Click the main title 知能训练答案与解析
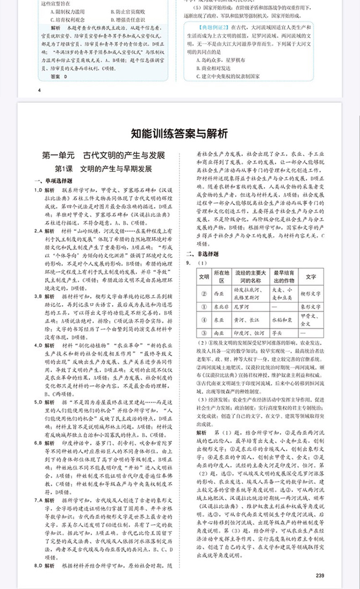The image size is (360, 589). pyautogui.click(x=179, y=134)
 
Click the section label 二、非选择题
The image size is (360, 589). pyautogui.click(x=201, y=253)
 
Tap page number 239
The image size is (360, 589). pyautogui.click(x=319, y=575)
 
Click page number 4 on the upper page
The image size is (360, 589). pyautogui.click(x=40, y=90)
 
